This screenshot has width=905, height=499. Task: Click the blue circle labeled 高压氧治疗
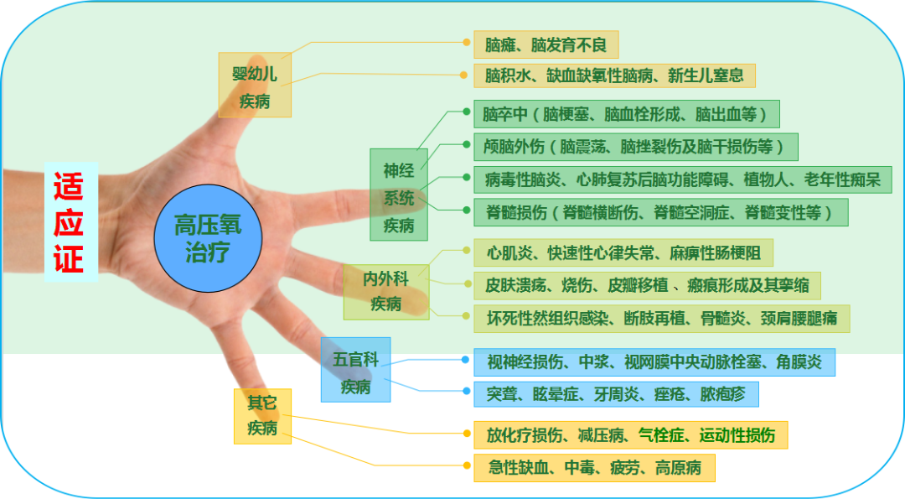pyautogui.click(x=208, y=238)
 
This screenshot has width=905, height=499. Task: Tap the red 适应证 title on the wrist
pyautogui.click(x=70, y=222)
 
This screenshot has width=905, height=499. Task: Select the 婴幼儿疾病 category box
pyautogui.click(x=255, y=86)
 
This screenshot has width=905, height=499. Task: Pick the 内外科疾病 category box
pyautogui.click(x=386, y=291)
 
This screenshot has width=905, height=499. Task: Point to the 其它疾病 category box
pyautogui.click(x=262, y=415)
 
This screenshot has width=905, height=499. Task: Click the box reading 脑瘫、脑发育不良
pyautogui.click(x=546, y=44)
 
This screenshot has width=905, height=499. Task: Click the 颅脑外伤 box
pyautogui.click(x=635, y=147)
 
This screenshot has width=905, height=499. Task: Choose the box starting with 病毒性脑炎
pyautogui.click(x=682, y=179)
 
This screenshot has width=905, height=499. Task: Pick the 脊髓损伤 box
pyautogui.click(x=660, y=212)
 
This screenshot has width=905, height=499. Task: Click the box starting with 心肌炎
pyautogui.click(x=623, y=252)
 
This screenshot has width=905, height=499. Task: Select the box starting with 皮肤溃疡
pyautogui.click(x=647, y=285)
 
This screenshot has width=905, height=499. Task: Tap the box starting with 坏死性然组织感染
pyautogui.click(x=661, y=319)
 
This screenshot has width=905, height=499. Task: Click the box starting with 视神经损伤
pyautogui.click(x=654, y=362)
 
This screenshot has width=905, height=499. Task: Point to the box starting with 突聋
pyautogui.click(x=616, y=394)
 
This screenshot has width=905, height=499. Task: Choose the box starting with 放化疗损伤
pyautogui.click(x=630, y=434)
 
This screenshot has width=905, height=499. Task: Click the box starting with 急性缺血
pyautogui.click(x=594, y=467)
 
